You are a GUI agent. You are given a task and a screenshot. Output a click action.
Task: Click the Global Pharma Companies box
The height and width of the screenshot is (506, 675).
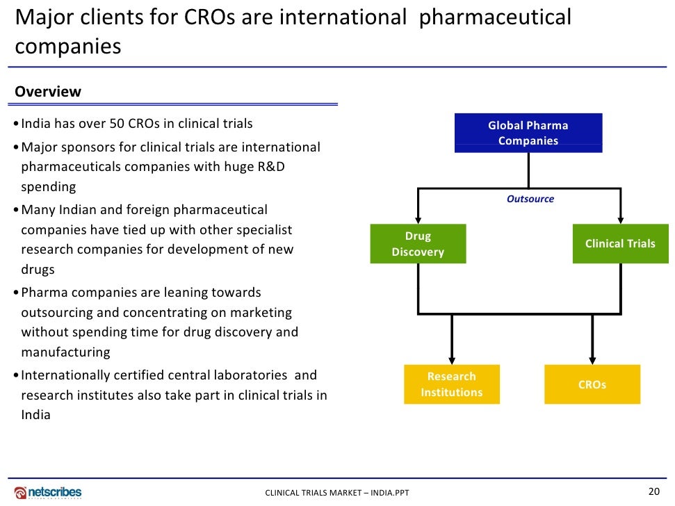[528, 133]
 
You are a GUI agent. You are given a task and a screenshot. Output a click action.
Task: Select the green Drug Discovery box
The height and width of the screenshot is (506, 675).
[418, 244]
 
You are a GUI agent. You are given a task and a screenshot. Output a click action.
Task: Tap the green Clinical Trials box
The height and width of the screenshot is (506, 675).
[620, 244]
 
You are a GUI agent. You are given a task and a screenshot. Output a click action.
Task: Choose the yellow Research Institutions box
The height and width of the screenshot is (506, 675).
[452, 384]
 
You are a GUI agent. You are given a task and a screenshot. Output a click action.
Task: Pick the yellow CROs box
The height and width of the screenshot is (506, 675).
[592, 384]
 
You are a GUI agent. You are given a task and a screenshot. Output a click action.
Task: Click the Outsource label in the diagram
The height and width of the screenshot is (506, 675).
[530, 199]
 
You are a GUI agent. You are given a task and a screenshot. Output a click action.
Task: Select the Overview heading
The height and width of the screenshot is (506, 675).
[48, 92]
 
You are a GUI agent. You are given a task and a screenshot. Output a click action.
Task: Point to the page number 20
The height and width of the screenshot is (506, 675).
[653, 491]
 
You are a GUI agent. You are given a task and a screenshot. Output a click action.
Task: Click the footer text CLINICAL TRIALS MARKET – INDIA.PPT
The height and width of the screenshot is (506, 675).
[337, 493]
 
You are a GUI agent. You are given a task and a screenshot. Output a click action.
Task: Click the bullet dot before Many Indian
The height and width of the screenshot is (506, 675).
[16, 211]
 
